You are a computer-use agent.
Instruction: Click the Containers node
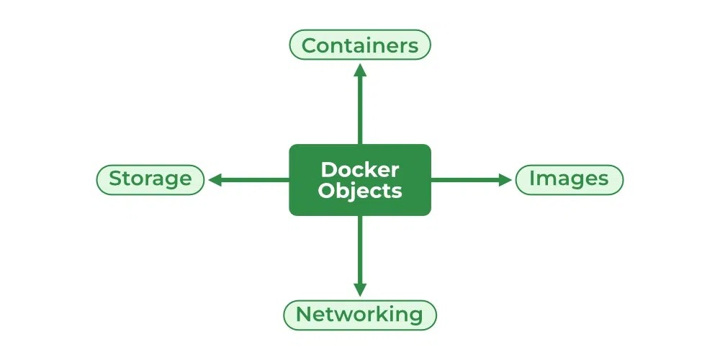coord(359,45)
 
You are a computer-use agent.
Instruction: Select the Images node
coord(569,179)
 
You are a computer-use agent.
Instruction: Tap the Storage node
coord(150,179)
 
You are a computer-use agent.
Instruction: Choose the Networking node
coord(359,315)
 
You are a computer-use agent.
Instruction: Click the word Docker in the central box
coord(359,170)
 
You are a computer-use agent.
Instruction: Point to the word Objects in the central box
coord(359,192)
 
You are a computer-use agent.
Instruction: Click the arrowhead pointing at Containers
coord(360,70)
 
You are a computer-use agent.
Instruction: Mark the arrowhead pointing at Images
coord(505,180)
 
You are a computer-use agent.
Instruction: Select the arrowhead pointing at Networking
coord(360,289)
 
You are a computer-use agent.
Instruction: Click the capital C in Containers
coord(309,46)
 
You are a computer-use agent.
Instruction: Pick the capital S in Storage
coord(114,179)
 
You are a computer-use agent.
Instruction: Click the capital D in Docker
coord(328,170)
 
